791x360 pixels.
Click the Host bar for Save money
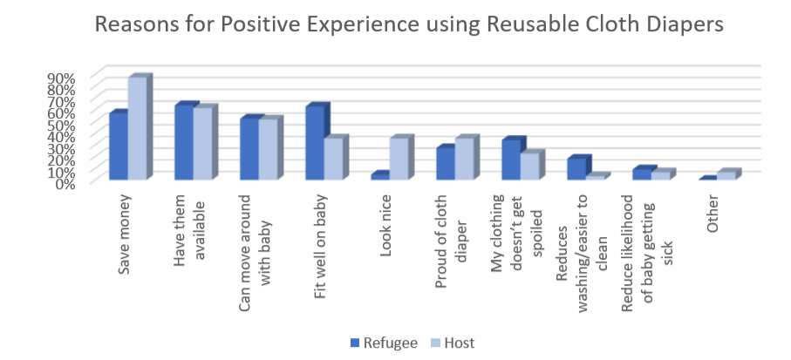(137, 128)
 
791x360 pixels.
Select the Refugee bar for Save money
(118, 146)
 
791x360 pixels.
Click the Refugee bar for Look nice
(379, 176)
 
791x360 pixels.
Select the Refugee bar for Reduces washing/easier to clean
(576, 169)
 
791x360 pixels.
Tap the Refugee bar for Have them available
(183, 142)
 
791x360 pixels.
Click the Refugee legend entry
(384, 343)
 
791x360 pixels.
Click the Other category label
(713, 215)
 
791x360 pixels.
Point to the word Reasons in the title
(138, 25)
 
